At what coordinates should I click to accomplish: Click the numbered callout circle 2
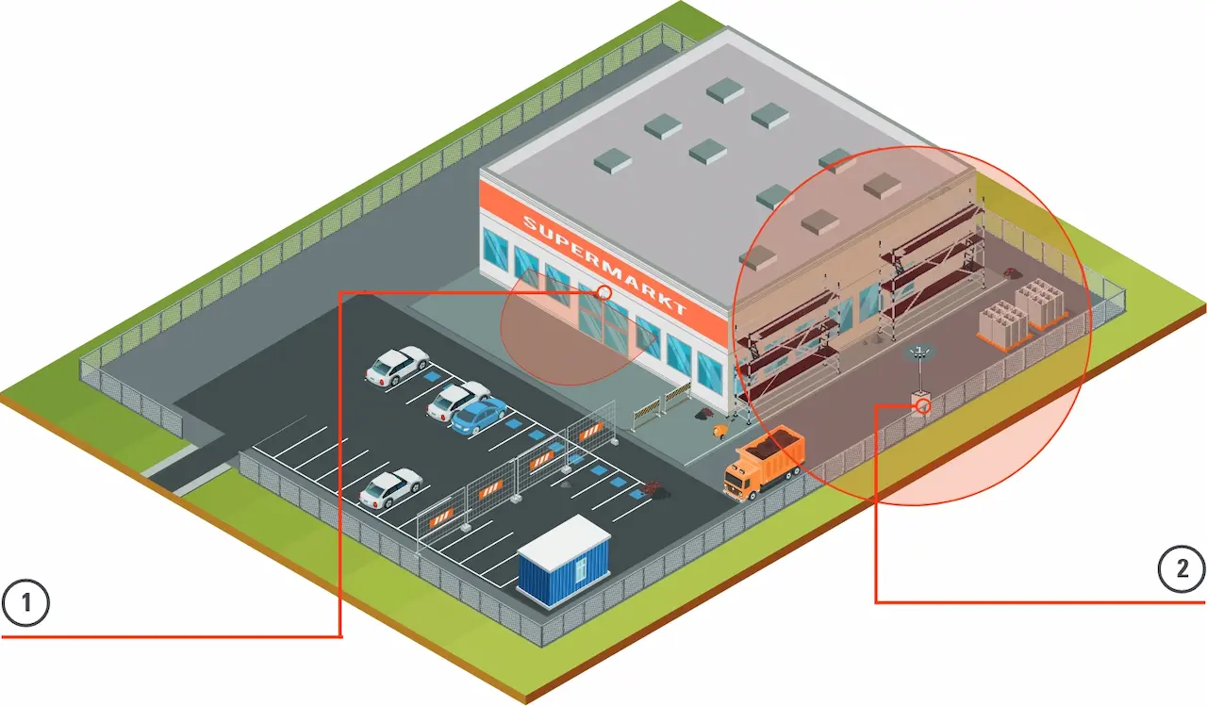[x=1181, y=569]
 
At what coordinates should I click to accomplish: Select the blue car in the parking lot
[x=479, y=415]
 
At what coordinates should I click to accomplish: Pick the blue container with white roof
[x=564, y=561]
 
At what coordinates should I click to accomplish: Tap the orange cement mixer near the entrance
[x=720, y=430]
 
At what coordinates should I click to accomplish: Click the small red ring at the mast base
[x=923, y=406]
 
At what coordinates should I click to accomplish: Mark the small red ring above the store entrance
[x=603, y=293]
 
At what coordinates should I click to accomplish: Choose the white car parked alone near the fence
[x=389, y=487]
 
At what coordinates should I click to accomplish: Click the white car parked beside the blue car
[x=457, y=400]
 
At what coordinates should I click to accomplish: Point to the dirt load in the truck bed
[x=780, y=439]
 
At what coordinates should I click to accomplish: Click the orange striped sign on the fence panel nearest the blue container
[x=441, y=517]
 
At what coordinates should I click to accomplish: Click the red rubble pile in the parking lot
[x=652, y=489]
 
